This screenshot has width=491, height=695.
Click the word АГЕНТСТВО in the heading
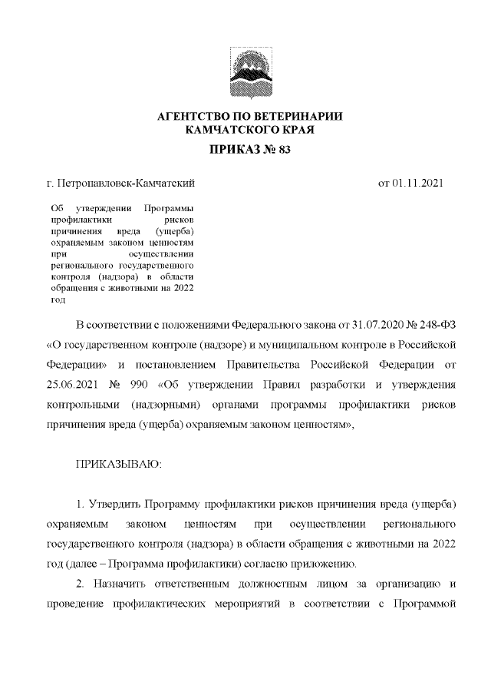(193, 117)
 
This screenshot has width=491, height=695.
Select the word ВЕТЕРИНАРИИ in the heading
(299, 117)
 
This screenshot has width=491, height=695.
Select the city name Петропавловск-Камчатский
(126, 184)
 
